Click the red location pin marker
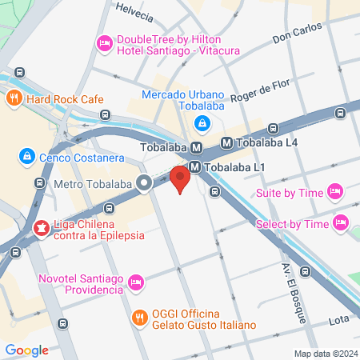pos(181,178)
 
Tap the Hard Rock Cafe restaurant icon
pos(14,99)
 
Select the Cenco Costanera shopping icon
pos(27,155)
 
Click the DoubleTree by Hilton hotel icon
pos(103,43)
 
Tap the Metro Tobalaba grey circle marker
pos(144,185)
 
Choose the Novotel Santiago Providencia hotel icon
pos(136,282)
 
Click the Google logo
pos(26,350)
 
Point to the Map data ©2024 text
pos(325,354)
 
